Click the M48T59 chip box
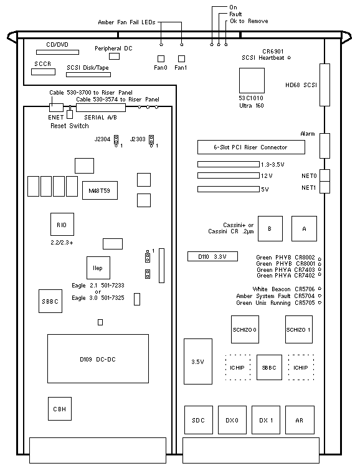[100, 190]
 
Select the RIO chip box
[62, 225]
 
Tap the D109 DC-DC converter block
[98, 358]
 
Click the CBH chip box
[60, 409]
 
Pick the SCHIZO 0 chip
[245, 329]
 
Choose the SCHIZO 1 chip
[299, 329]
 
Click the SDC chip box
[199, 420]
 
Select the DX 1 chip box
[266, 420]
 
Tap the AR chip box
[300, 420]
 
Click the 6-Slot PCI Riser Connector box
[251, 147]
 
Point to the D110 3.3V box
[212, 256]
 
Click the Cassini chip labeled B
[270, 228]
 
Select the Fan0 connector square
[161, 58]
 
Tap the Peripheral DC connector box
[114, 56]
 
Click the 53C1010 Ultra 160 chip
[252, 80]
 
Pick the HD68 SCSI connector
[324, 85]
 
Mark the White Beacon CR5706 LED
[320, 289]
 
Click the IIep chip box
[98, 268]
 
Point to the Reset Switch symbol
[70, 113]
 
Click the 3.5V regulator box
[198, 361]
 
